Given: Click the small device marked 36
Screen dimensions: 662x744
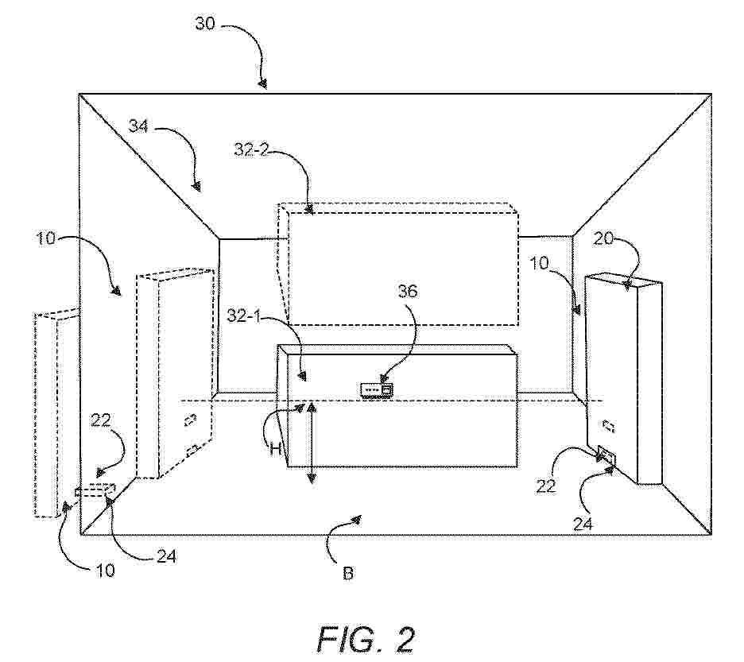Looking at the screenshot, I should pos(377,389).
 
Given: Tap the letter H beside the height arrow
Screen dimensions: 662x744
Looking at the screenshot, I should pos(276,449).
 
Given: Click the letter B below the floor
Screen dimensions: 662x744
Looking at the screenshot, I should pos(347,572).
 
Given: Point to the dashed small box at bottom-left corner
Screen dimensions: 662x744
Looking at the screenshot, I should pos(95,491).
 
